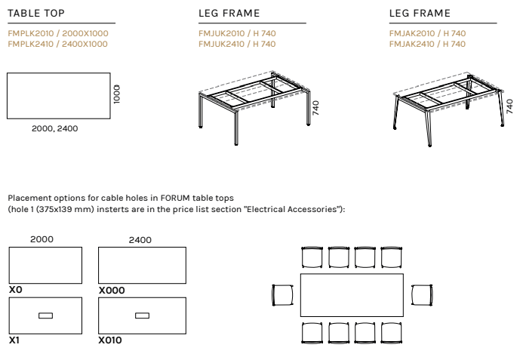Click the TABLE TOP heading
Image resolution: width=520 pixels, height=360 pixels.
36,14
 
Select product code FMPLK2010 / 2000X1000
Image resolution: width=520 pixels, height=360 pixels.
58,33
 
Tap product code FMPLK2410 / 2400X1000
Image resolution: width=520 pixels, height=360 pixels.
57,44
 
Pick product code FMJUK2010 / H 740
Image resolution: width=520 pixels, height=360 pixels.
237,33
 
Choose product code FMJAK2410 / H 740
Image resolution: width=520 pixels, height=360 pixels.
427,44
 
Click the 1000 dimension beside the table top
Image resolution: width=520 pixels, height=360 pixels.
117,94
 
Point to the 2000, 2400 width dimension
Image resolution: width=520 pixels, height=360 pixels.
55,128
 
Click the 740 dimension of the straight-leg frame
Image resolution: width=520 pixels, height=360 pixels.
315,108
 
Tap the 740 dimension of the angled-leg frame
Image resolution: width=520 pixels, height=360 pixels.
509,106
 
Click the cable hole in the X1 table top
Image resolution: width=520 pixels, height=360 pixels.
45,315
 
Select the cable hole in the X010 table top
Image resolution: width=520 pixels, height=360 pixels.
143,315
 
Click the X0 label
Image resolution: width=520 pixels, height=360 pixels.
16,290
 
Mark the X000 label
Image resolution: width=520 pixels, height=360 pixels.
112,291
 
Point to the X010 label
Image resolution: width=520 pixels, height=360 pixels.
110,340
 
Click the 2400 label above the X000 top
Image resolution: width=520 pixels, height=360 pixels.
140,240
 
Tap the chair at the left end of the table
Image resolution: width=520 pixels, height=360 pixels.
282,295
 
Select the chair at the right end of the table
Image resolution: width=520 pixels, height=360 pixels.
422,295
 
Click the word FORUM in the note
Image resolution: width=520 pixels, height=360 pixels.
175,198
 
